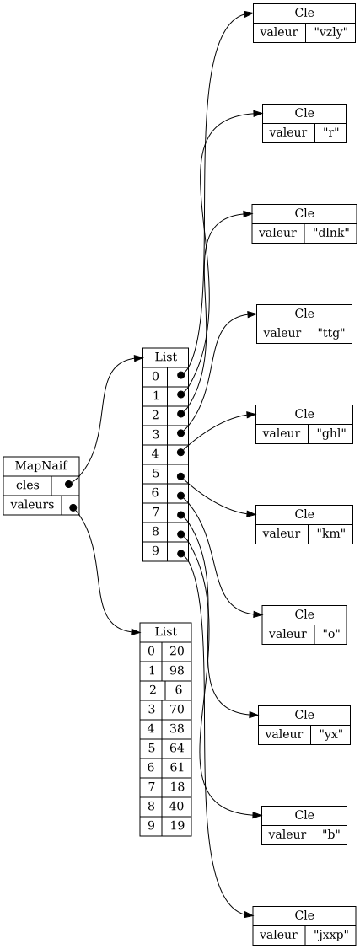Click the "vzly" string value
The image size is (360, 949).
[x=330, y=32]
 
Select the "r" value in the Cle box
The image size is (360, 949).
[x=330, y=132]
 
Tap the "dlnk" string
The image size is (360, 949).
[x=330, y=233]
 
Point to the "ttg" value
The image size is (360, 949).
[x=330, y=333]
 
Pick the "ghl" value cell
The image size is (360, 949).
[x=330, y=433]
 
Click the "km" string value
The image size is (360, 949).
[x=330, y=533]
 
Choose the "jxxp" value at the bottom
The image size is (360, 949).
[x=330, y=935]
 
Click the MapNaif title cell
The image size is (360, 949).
[x=41, y=466]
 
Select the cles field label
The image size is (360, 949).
[x=28, y=485]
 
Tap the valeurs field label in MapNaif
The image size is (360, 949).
[x=32, y=505]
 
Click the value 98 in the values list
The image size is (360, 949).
[x=177, y=671]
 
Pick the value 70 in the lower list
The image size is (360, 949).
[x=177, y=710]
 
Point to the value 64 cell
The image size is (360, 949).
[x=177, y=748]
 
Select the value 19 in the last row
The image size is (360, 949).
[x=177, y=826]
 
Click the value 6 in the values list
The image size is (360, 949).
[x=179, y=690]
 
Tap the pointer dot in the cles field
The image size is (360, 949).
[x=69, y=484]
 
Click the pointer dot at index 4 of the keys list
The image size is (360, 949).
[x=181, y=452]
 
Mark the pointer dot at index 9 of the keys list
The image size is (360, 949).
[x=181, y=553]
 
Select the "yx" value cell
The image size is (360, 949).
[x=330, y=734]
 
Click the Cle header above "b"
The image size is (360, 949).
[x=304, y=816]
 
